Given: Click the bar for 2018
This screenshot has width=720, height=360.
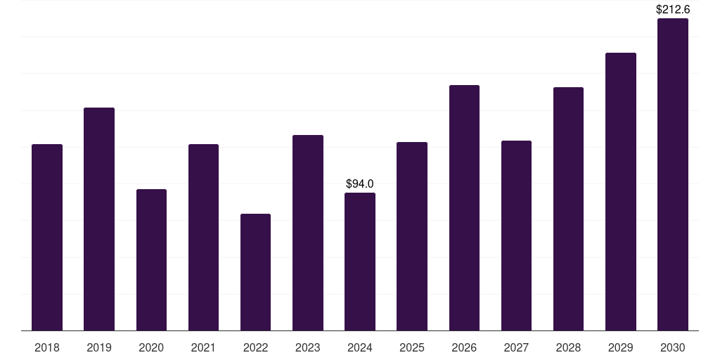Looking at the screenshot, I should (x=47, y=238).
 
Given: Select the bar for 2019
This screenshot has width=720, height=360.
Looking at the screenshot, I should (x=99, y=219).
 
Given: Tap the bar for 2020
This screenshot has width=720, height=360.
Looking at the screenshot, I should (x=151, y=260).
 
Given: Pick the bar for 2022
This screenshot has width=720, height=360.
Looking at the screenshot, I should (x=255, y=272).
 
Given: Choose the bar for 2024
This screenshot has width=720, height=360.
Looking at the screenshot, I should (x=360, y=262).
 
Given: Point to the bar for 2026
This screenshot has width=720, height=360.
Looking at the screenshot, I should (x=464, y=208).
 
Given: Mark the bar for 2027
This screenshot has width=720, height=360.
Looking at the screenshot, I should (x=516, y=236).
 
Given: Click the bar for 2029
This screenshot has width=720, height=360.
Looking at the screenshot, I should (x=620, y=192).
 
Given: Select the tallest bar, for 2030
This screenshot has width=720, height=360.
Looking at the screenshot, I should (x=673, y=174).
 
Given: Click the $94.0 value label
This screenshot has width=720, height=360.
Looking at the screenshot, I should (x=360, y=184).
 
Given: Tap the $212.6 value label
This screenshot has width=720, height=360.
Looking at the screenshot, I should (x=673, y=10).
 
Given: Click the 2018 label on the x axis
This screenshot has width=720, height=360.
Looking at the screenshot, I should (x=47, y=348).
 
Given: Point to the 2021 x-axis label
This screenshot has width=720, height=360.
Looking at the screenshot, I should (x=203, y=348).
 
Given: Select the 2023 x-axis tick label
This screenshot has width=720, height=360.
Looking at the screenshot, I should (x=308, y=348).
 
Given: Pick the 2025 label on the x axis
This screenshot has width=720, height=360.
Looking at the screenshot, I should (x=412, y=348).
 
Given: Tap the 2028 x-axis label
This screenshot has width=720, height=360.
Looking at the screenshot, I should (x=568, y=348).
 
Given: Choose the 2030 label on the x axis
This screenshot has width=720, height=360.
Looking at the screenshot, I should (x=673, y=348).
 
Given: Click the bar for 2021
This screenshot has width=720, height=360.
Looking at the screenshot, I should (x=203, y=238).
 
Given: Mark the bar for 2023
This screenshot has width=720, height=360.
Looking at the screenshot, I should (x=308, y=233).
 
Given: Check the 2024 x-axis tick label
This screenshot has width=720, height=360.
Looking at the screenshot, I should (x=360, y=348).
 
